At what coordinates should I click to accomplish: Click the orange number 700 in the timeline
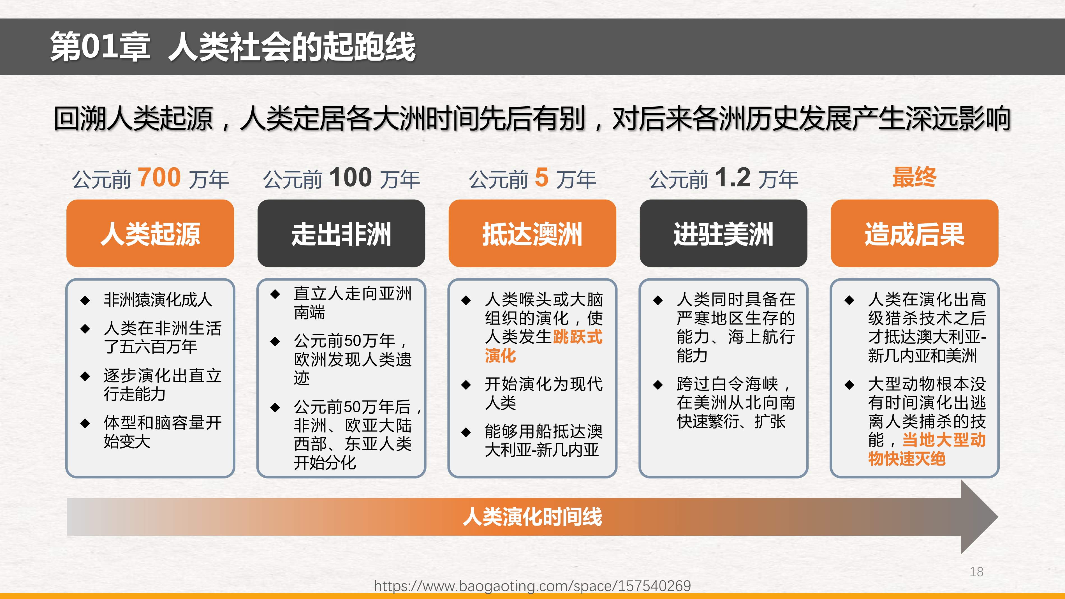click(x=159, y=177)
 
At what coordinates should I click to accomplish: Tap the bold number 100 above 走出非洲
click(x=351, y=177)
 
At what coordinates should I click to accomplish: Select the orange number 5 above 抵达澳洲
click(x=541, y=177)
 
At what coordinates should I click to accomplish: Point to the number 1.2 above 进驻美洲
click(x=733, y=177)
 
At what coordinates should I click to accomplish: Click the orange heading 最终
click(x=914, y=177)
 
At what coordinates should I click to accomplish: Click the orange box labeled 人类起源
click(x=150, y=233)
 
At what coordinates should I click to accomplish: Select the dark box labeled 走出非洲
click(x=341, y=233)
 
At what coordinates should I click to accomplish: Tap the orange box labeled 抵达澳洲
click(x=532, y=233)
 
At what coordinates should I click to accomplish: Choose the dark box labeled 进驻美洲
click(x=723, y=233)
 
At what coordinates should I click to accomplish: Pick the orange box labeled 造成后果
click(x=914, y=233)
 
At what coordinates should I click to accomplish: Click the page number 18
click(x=976, y=572)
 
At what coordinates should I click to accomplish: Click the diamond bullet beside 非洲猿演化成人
click(x=85, y=300)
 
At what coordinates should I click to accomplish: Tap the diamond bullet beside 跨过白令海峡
click(x=658, y=385)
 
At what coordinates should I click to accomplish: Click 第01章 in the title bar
click(x=100, y=47)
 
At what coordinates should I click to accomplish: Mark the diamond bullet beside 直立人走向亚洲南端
click(x=275, y=294)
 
